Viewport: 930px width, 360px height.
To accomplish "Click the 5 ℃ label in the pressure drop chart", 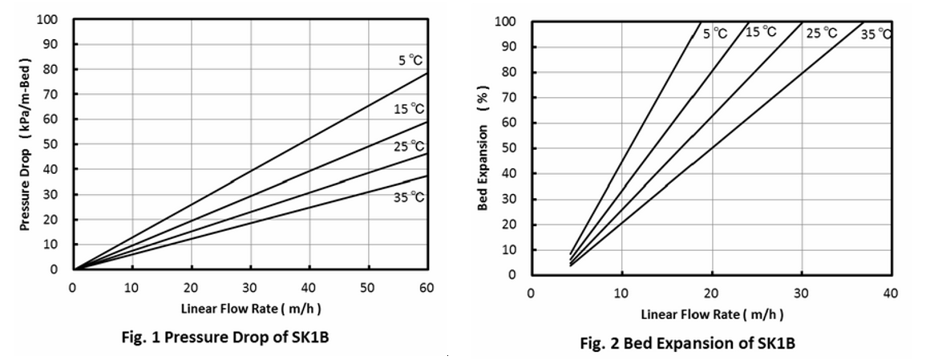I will click(x=410, y=60).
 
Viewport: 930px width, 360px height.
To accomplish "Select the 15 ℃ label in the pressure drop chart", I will click(x=409, y=108).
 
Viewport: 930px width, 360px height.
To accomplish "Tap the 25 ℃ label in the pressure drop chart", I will click(x=409, y=147).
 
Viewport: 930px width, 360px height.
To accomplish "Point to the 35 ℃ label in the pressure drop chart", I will click(x=409, y=196).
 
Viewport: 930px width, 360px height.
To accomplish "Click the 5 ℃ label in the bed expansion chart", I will click(x=715, y=34).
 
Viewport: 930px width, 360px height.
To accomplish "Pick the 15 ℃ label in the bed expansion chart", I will click(x=761, y=32).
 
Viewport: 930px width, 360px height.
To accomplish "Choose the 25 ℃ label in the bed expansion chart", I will click(x=822, y=33).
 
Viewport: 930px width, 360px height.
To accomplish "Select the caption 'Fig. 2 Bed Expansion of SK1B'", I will click(x=688, y=343).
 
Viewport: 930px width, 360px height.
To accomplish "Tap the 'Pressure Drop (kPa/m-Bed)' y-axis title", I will click(x=26, y=145).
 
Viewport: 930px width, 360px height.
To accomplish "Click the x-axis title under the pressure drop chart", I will click(x=250, y=309).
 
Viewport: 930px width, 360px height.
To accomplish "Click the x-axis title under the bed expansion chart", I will click(x=712, y=313).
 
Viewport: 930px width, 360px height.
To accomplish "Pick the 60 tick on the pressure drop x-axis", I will click(x=427, y=287).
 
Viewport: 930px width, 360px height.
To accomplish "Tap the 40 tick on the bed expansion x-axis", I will click(x=891, y=293).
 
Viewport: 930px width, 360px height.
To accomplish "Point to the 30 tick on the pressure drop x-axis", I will click(x=250, y=287).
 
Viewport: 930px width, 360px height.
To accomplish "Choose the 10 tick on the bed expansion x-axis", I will click(x=621, y=293).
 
